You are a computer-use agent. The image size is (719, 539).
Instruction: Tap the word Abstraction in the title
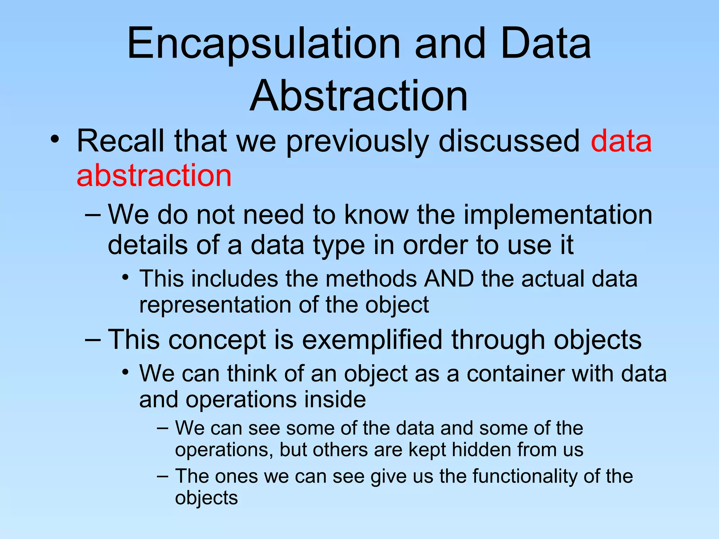click(359, 95)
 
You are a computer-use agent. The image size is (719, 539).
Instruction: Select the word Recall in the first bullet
click(120, 141)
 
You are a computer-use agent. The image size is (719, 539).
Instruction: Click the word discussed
click(509, 141)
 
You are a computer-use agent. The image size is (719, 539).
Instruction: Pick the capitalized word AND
click(449, 279)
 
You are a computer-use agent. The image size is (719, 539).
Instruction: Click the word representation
click(215, 305)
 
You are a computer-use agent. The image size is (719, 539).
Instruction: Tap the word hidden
click(481, 450)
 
